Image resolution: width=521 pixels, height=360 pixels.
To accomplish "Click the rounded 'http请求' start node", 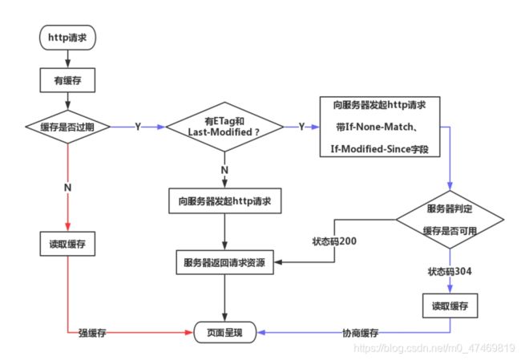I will pos(67,37).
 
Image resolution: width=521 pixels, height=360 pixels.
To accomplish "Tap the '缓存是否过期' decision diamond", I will pos(67,126).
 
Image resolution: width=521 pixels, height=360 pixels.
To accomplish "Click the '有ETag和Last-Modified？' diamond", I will pos(225,126).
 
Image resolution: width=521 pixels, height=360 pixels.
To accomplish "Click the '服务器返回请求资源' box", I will pos(224,262).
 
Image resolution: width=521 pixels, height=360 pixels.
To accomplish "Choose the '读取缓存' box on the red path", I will pos(67,243).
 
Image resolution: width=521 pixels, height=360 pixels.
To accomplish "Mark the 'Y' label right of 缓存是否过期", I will pos(139,127).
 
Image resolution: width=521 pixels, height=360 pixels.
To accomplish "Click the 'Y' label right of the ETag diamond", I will pos(302,127).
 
